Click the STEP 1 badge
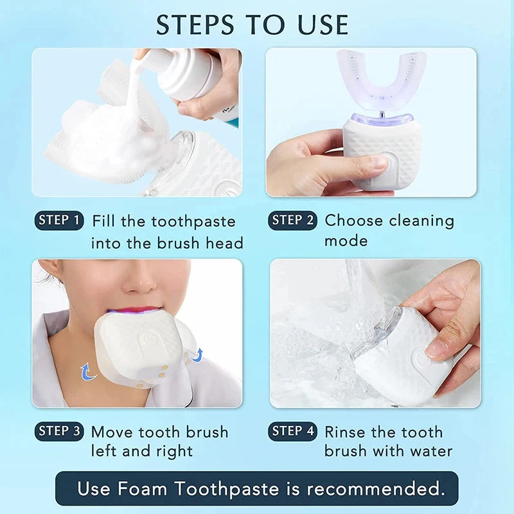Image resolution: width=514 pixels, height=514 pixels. click(59, 220)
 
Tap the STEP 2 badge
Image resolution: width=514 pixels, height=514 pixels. click(292, 220)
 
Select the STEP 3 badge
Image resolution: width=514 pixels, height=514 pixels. click(59, 431)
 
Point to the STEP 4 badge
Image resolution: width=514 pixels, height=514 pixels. click(292, 431)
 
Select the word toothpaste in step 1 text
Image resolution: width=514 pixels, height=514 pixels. click(193, 222)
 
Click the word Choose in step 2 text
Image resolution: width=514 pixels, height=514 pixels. click(355, 220)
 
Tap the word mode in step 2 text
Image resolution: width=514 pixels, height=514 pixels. click(346, 241)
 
